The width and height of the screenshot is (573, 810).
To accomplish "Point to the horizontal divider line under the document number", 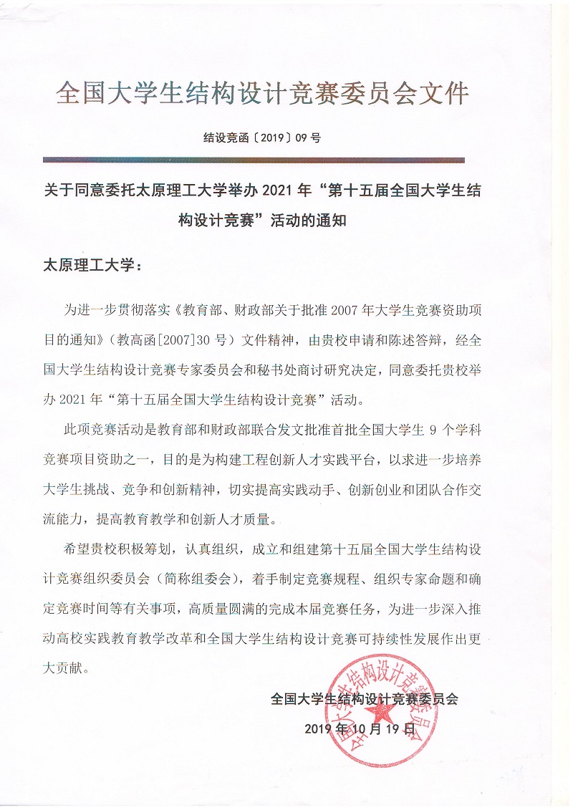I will point(254,160).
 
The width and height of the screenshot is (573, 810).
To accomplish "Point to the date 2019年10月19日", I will point(360,728).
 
